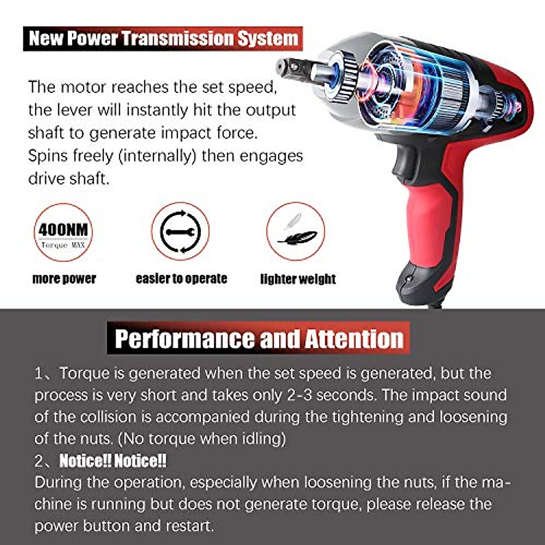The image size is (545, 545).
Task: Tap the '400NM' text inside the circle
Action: pyautogui.click(x=63, y=230)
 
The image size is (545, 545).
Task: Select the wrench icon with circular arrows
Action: pyautogui.click(x=180, y=232)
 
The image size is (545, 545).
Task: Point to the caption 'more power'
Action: pyautogui.click(x=64, y=278)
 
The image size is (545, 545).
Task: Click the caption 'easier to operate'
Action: pyautogui.click(x=181, y=278)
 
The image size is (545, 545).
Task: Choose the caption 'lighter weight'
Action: pyautogui.click(x=298, y=279)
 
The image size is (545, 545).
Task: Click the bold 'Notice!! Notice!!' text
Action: pyautogui.click(x=113, y=461)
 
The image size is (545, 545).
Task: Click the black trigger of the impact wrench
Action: pyautogui.click(x=404, y=163)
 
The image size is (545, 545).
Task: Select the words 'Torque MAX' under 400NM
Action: pyautogui.click(x=63, y=245)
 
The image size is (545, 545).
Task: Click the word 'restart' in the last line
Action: pyautogui.click(x=189, y=526)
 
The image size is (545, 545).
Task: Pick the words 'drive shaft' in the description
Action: pyautogui.click(x=69, y=178)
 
